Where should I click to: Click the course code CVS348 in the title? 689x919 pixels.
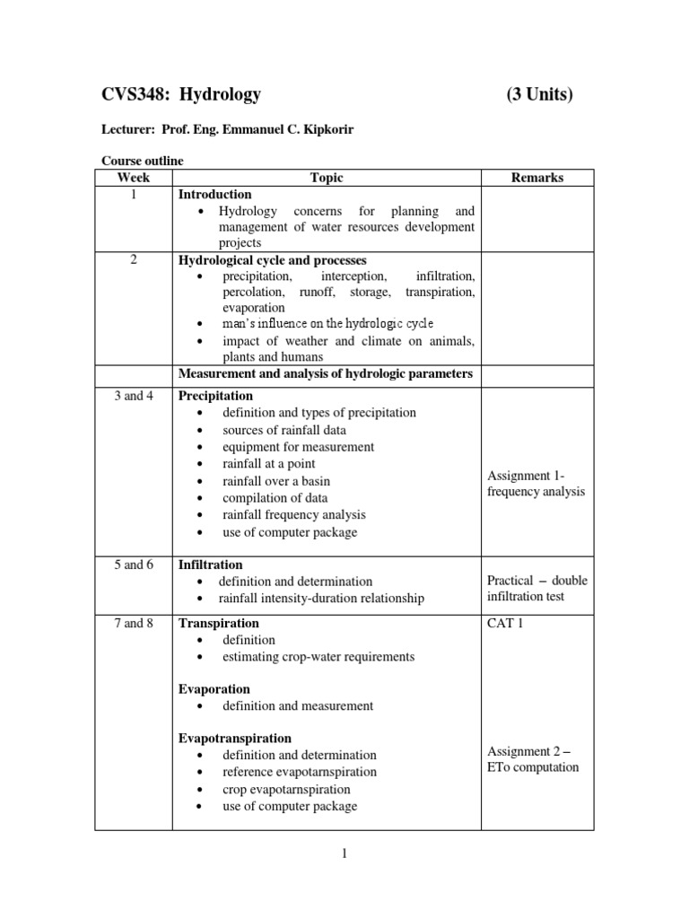[134, 95]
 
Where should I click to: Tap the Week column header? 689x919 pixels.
[133, 178]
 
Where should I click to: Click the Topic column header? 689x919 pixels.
[327, 178]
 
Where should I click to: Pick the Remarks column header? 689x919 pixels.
[536, 178]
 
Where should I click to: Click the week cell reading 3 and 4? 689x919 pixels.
[134, 396]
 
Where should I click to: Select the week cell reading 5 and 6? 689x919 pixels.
[134, 565]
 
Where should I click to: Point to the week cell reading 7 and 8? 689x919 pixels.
[134, 623]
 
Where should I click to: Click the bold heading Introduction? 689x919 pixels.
[215, 194]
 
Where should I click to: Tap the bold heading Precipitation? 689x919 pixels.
[216, 396]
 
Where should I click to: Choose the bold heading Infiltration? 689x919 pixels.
[211, 565]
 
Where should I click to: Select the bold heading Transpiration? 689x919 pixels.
[219, 623]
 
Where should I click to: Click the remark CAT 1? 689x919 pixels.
[505, 623]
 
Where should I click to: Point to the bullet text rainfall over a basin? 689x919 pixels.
[276, 481]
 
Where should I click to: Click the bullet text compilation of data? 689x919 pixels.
[275, 498]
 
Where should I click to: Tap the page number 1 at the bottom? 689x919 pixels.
[344, 853]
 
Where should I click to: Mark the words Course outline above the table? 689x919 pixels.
[142, 161]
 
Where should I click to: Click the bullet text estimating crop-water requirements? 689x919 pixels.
[318, 657]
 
